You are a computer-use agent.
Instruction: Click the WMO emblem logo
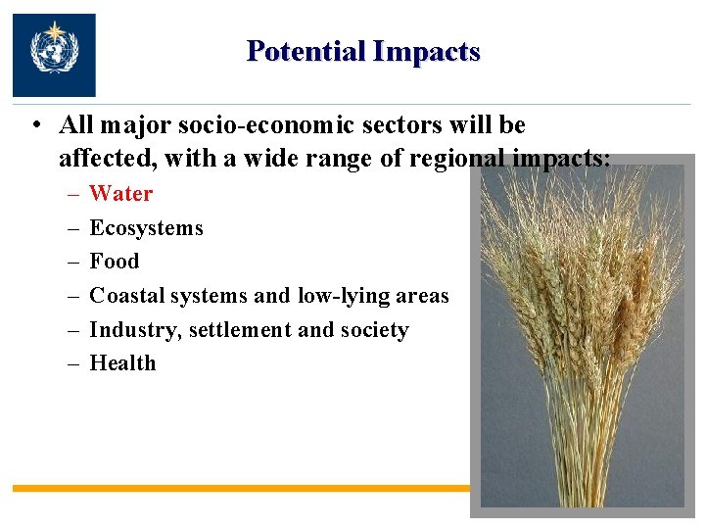[x=54, y=54]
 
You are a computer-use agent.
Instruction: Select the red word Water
[x=121, y=194]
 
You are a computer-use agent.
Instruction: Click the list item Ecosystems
[x=146, y=228]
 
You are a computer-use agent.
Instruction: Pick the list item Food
[x=115, y=262]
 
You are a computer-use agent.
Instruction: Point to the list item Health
[x=122, y=363]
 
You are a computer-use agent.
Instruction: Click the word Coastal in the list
[x=127, y=296]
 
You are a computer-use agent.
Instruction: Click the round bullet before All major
[x=34, y=126]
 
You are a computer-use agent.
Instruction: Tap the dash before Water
[x=73, y=194]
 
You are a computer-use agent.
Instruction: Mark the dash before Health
[x=73, y=363]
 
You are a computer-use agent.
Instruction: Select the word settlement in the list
[x=240, y=330]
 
